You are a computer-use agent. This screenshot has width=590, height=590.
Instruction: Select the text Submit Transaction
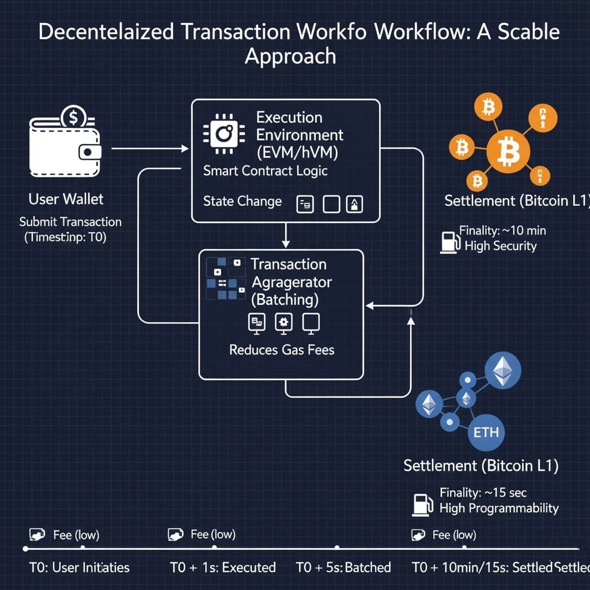point(70,222)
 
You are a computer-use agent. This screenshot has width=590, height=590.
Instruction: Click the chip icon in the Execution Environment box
point(222,134)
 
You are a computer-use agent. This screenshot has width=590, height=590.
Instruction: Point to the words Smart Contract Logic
point(265,171)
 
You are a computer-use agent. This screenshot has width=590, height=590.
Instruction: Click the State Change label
point(242,201)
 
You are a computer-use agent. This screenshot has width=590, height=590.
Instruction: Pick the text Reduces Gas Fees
point(281,350)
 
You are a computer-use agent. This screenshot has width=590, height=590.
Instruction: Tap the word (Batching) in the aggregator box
point(285,300)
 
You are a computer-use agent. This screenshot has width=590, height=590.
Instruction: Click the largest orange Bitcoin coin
point(508,150)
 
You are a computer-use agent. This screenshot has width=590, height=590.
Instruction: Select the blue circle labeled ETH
point(486,432)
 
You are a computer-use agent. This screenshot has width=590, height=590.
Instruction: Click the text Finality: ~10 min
point(502,230)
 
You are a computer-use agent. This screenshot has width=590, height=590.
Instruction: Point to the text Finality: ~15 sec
point(483,493)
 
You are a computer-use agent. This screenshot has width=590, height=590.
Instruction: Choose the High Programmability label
point(499,508)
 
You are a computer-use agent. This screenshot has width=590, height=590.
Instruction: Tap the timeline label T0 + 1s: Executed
point(223,568)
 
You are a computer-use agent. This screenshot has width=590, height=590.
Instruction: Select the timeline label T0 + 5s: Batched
point(343,568)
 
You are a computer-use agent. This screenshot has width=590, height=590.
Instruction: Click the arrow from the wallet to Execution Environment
point(150,149)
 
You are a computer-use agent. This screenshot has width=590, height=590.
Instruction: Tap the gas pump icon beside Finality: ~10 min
point(448,241)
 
